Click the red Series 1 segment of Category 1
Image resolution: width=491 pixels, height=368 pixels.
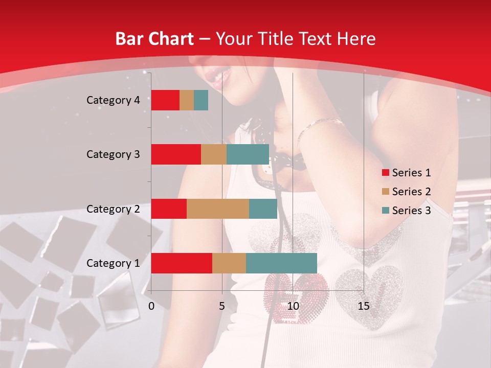(x=182, y=263)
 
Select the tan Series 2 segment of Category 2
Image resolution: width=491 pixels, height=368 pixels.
(x=218, y=209)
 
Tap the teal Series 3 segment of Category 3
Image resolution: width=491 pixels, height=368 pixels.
(x=248, y=154)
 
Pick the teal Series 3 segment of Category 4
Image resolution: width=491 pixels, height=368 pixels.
(x=201, y=100)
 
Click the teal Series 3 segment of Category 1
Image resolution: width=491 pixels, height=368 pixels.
(x=281, y=263)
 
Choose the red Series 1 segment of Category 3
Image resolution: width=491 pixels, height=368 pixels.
(x=176, y=154)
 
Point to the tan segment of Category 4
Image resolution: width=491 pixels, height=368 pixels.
(x=187, y=100)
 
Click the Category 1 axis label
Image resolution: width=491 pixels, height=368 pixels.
(x=113, y=263)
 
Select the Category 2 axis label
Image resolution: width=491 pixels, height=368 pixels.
(x=113, y=209)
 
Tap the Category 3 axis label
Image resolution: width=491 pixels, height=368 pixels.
(x=113, y=154)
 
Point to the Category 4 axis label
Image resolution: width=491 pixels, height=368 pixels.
(x=113, y=100)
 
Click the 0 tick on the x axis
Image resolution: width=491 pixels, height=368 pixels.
(x=151, y=306)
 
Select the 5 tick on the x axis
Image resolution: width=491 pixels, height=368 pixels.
(x=222, y=306)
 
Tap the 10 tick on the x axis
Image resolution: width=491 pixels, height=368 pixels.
(x=293, y=306)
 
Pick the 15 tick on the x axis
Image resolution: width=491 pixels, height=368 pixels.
(x=363, y=306)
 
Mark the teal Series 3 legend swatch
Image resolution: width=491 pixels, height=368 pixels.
(x=385, y=211)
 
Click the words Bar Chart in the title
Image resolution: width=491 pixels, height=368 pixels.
(x=154, y=39)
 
